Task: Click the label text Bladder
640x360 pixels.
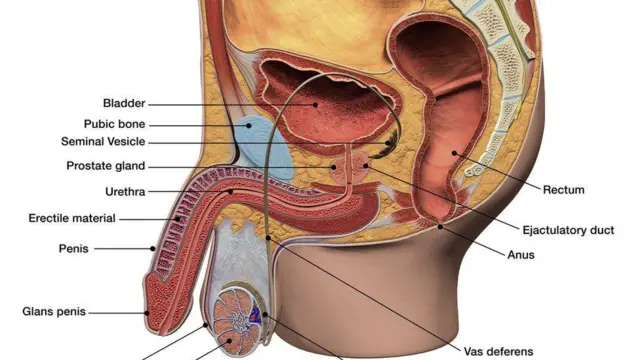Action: pyautogui.click(x=124, y=103)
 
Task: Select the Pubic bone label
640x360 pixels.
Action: pyautogui.click(x=114, y=124)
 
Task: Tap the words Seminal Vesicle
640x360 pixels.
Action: pyautogui.click(x=103, y=142)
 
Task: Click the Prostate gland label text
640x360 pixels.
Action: pyautogui.click(x=106, y=166)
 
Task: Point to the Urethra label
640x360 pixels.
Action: pyautogui.click(x=125, y=191)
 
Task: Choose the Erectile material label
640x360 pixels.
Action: pyautogui.click(x=72, y=218)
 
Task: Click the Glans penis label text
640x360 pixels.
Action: pyautogui.click(x=54, y=312)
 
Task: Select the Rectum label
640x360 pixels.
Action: pyautogui.click(x=564, y=190)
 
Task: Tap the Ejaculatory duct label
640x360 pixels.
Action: pyautogui.click(x=568, y=231)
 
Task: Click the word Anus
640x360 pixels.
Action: pyautogui.click(x=521, y=255)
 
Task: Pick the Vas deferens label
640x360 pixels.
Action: pyautogui.click(x=498, y=351)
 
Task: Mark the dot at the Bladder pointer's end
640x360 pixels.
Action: pyautogui.click(x=315, y=105)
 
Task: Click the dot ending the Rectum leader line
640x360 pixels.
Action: pyautogui.click(x=454, y=153)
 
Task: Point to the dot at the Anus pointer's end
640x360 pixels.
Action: pyautogui.click(x=440, y=227)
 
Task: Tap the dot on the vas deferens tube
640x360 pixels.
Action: pyautogui.click(x=268, y=238)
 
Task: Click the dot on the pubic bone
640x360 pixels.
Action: pyautogui.click(x=249, y=126)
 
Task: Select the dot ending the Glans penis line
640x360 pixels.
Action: pyautogui.click(x=147, y=313)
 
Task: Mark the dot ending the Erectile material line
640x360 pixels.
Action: pyautogui.click(x=178, y=219)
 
